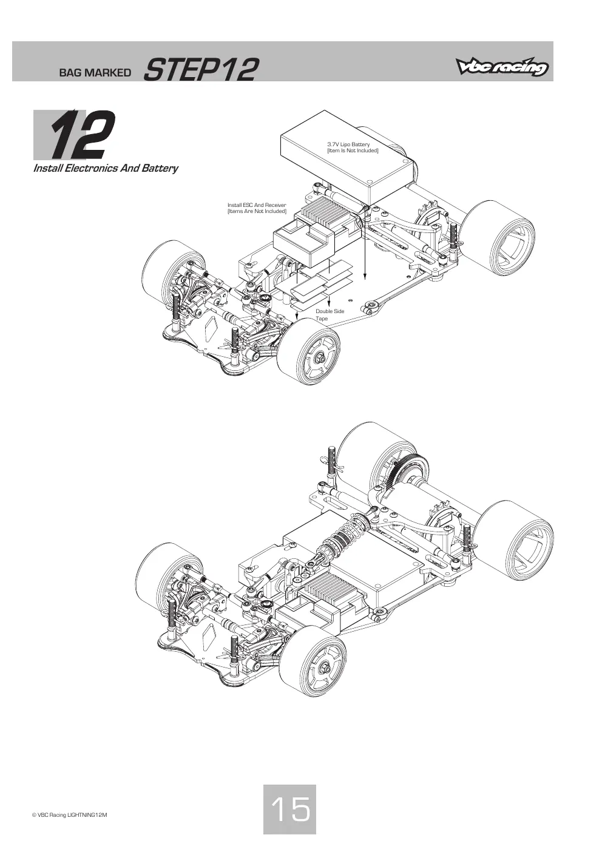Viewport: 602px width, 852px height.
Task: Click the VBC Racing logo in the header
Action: (502, 68)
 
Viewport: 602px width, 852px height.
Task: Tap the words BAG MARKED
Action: (95, 73)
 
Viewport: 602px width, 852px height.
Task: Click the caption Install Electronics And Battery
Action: (106, 168)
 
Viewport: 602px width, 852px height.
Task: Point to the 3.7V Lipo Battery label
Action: (353, 147)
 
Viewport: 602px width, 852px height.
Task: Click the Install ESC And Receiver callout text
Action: (257, 208)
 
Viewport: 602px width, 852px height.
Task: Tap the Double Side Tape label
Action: (330, 314)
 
